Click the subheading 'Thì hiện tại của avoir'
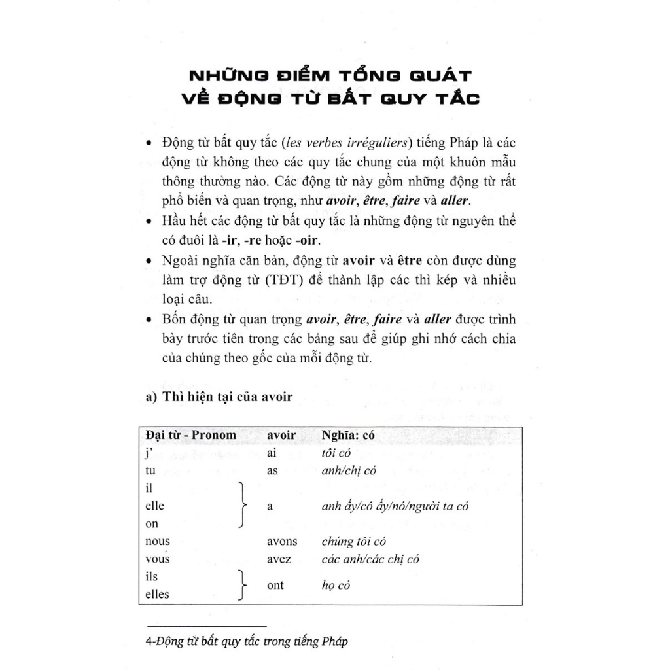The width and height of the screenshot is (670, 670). (x=219, y=396)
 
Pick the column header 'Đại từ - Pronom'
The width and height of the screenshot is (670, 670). (x=190, y=435)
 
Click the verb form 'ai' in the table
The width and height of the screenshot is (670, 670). (x=273, y=453)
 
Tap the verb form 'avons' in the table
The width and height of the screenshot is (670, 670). (x=282, y=541)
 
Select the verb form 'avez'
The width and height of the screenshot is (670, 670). (x=279, y=559)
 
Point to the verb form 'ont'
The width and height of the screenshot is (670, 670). (x=275, y=585)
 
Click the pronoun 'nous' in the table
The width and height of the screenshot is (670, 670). (x=157, y=541)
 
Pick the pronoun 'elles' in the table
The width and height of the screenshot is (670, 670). (x=156, y=594)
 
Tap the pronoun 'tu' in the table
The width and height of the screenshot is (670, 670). (x=150, y=470)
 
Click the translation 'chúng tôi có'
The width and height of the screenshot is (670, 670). (x=354, y=541)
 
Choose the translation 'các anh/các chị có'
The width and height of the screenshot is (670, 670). (x=370, y=559)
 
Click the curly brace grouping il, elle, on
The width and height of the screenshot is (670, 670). (x=242, y=506)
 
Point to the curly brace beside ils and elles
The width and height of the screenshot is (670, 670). (x=242, y=585)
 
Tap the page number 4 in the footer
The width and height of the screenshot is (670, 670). (x=149, y=641)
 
